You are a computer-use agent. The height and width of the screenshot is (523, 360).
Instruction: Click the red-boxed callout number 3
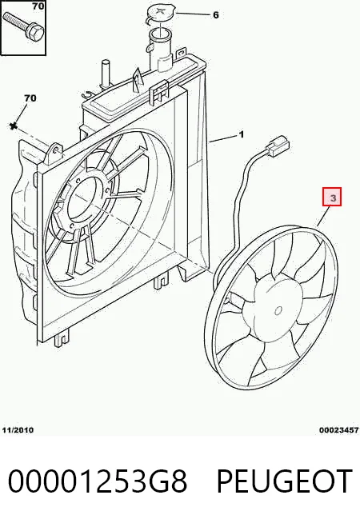332,197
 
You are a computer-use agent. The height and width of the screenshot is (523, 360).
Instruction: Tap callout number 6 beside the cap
216,15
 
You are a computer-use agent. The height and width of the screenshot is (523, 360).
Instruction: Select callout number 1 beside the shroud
242,134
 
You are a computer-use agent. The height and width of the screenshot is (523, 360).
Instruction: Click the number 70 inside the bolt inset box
38,6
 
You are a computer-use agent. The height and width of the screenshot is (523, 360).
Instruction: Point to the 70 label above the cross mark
30,98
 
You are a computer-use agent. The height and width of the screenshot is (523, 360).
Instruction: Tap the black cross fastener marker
13,126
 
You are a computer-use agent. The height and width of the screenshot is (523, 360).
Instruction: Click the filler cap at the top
161,14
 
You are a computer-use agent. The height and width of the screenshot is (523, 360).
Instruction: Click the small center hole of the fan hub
278,311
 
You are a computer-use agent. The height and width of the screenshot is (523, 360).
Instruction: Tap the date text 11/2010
18,430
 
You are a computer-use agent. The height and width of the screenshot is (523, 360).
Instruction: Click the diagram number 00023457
339,430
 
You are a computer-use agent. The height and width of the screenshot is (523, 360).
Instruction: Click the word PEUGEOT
285,481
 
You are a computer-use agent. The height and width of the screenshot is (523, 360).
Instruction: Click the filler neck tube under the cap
161,50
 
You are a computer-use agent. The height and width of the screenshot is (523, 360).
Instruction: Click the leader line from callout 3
324,217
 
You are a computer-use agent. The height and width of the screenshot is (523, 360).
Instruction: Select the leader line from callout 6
193,14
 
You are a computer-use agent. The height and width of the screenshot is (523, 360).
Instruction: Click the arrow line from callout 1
223,138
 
